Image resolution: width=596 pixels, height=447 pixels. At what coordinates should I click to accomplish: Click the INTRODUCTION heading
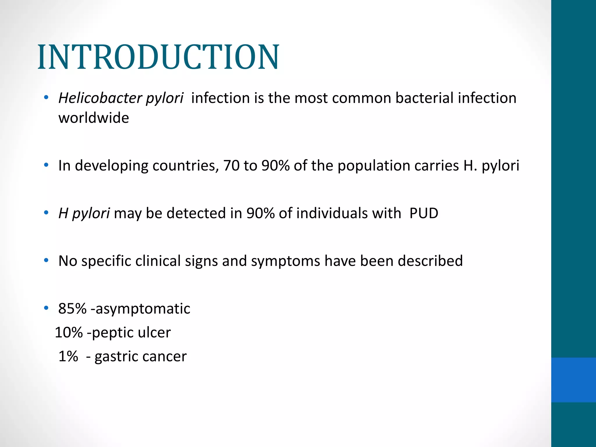(158, 57)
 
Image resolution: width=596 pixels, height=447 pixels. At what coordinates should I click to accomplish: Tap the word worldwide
(93, 118)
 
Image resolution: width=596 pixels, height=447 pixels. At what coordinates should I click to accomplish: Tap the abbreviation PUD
(424, 213)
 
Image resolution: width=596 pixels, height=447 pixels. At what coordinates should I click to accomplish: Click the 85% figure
(72, 309)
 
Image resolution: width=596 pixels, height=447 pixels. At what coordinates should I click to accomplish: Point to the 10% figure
(69, 333)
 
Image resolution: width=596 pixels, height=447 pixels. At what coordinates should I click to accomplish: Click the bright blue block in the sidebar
(573, 380)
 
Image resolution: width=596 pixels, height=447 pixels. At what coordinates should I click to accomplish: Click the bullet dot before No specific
(46, 260)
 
